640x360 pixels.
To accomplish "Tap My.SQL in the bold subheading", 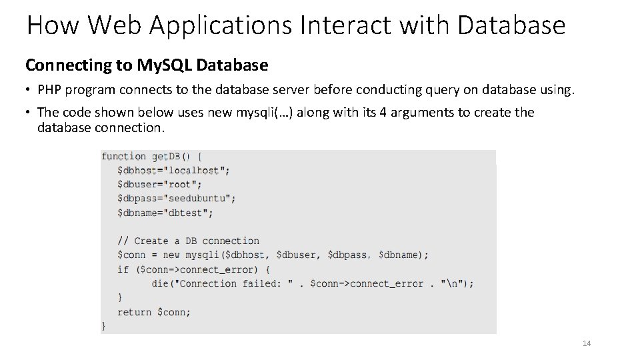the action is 165,65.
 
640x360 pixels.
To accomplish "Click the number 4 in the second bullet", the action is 383,113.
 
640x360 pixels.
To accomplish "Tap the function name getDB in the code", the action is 166,156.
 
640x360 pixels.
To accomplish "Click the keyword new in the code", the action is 171,255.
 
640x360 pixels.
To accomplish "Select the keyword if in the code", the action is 123,269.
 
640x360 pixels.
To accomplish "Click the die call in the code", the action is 160,283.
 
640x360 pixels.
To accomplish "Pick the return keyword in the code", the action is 134,312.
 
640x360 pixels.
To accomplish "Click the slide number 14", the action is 587,343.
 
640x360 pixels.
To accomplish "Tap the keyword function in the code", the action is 123,156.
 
